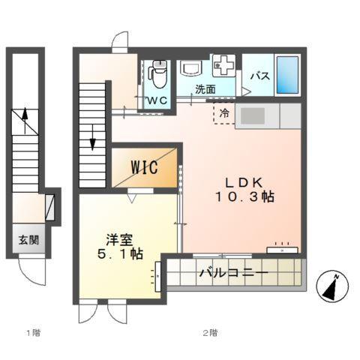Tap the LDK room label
click(x=241, y=181)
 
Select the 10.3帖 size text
click(x=241, y=198)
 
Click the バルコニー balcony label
click(x=233, y=273)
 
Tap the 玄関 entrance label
click(x=28, y=241)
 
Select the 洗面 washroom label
click(x=205, y=89)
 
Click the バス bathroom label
click(x=259, y=76)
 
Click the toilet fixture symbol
click(x=157, y=74)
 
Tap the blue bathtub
click(x=288, y=73)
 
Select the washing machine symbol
click(x=224, y=66)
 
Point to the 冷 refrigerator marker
click(x=224, y=113)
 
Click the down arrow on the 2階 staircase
click(x=93, y=137)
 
